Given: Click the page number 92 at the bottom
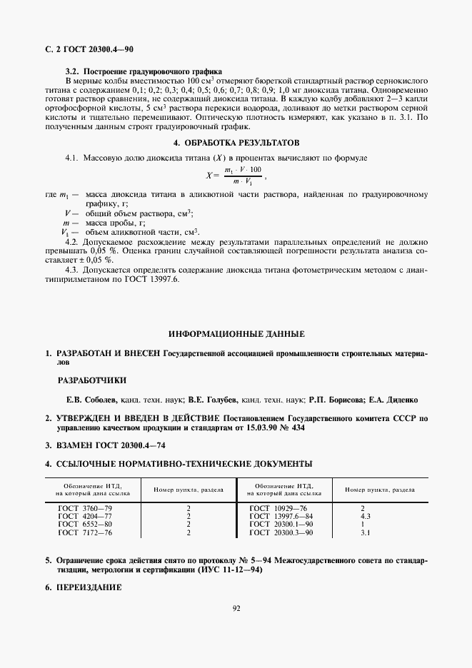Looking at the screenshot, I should (236, 609).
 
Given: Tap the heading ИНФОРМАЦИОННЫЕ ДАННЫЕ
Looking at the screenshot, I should (236, 333).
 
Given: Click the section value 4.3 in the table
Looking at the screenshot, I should (365, 516).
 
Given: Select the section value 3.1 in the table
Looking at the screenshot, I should (365, 532).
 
